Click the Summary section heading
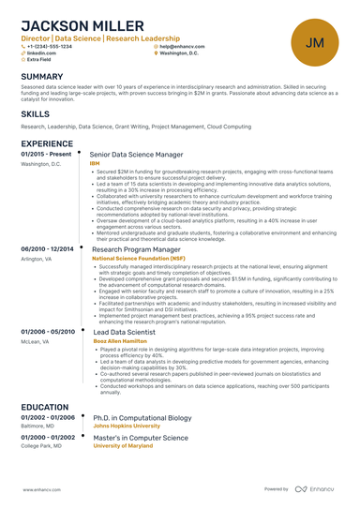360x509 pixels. tap(42, 76)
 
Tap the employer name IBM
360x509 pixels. tap(94, 163)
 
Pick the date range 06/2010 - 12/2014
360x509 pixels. tap(47, 248)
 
